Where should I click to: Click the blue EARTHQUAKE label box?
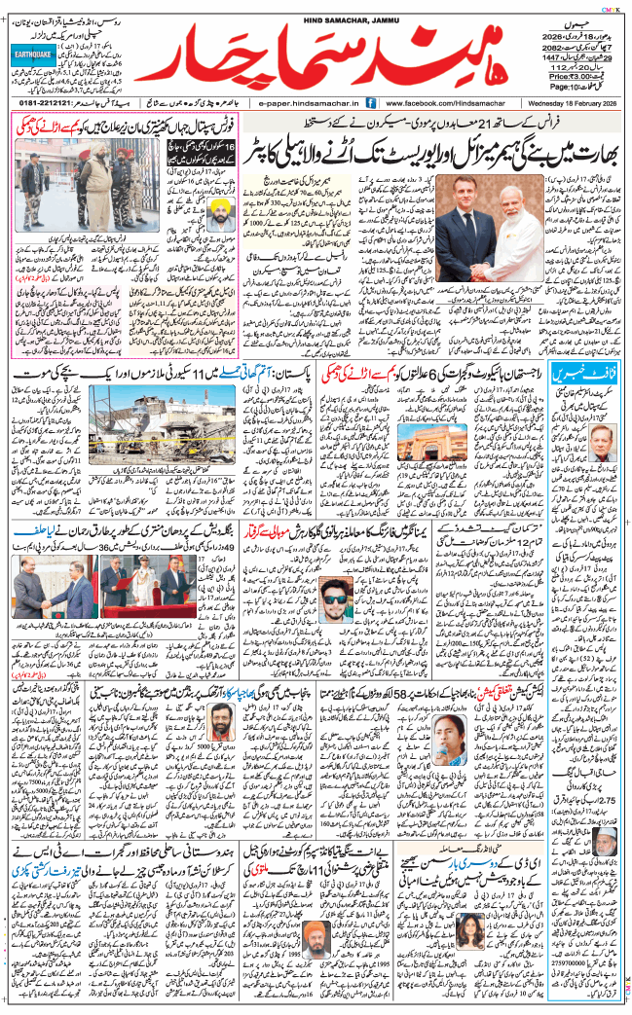click(35, 57)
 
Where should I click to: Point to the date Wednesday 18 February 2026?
click(569, 102)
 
